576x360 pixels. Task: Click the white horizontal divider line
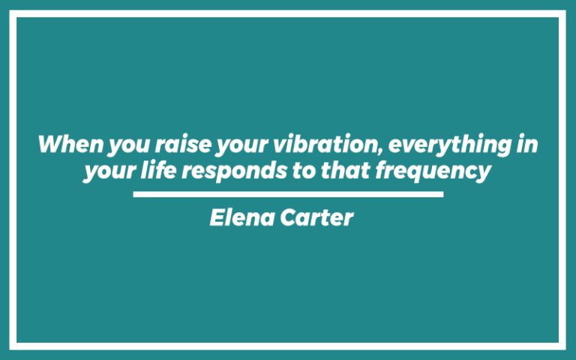click(288, 194)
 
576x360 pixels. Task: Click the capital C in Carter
click(292, 218)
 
